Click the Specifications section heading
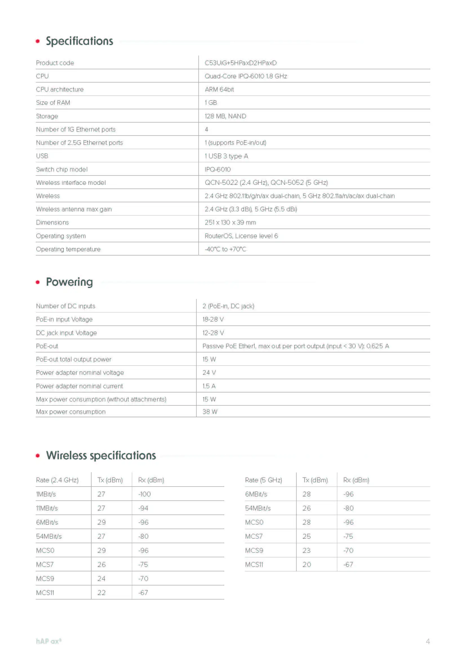click(79, 41)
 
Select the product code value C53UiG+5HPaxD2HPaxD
click(240, 63)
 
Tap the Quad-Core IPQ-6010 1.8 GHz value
click(246, 76)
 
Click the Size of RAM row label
click(53, 103)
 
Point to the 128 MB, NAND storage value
click(225, 116)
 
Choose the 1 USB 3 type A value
click(226, 156)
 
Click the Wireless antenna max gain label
click(74, 209)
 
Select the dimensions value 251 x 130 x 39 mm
click(230, 223)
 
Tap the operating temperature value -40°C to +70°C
click(225, 249)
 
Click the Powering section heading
click(69, 282)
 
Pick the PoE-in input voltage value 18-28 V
click(213, 319)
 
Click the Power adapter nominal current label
click(79, 386)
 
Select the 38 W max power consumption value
click(210, 412)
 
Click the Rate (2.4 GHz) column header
click(57, 480)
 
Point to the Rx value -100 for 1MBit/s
click(144, 494)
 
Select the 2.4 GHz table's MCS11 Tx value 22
click(101, 593)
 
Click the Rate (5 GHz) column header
click(263, 480)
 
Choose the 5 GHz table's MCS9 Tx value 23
click(307, 551)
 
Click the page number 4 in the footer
click(428, 641)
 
